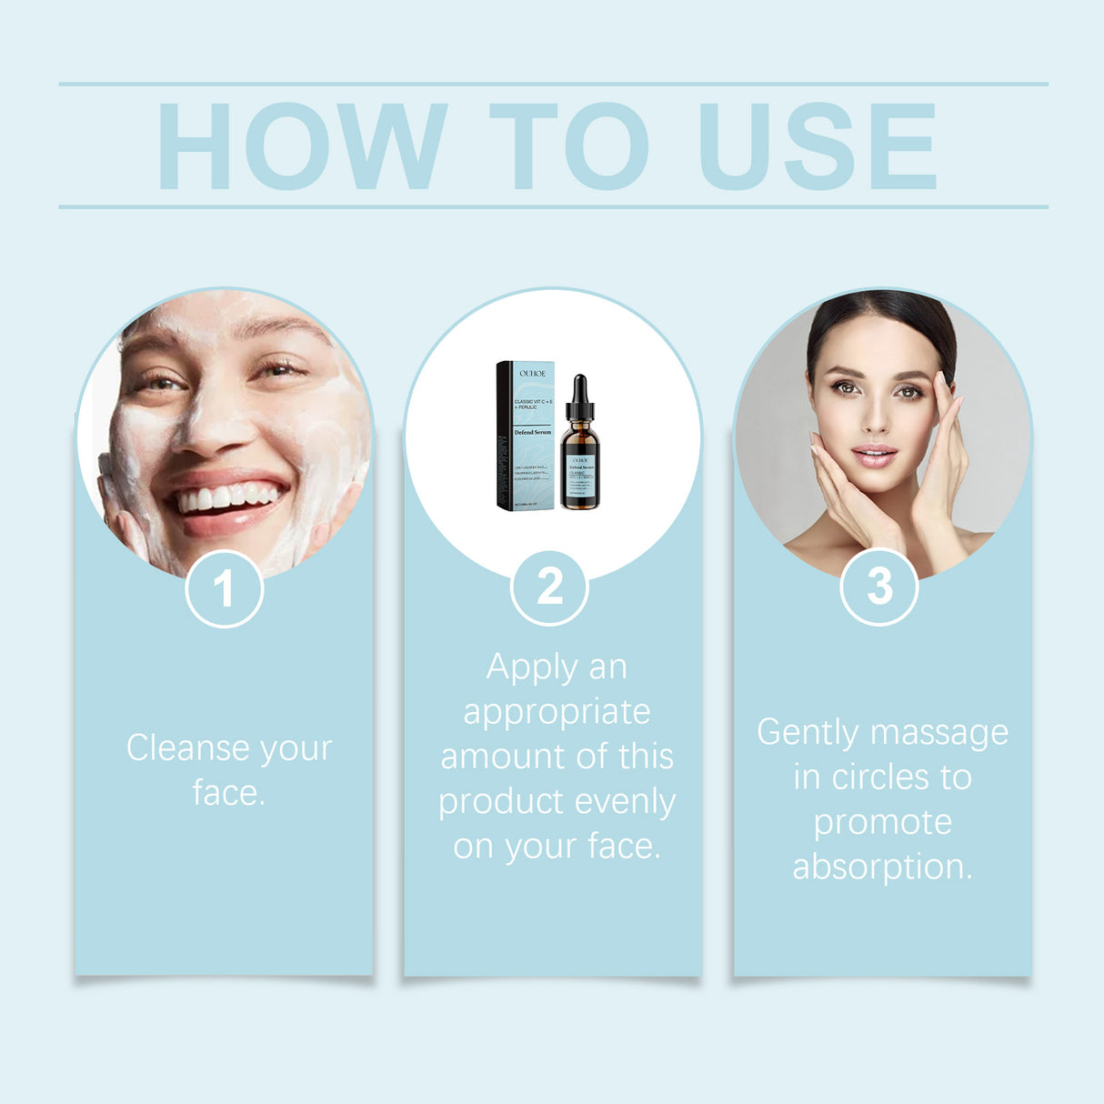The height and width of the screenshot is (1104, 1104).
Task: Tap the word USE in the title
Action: [817, 146]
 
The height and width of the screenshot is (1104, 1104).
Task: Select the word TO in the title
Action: [569, 146]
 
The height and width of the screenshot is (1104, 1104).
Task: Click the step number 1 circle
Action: [224, 588]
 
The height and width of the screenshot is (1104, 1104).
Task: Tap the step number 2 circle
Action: [550, 587]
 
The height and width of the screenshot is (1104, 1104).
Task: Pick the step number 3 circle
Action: [878, 587]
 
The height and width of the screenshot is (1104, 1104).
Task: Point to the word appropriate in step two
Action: [557, 712]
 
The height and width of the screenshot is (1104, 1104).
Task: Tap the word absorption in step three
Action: [882, 867]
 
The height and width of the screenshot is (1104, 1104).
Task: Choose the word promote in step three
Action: [882, 822]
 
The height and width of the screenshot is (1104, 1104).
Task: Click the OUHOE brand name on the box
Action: [533, 373]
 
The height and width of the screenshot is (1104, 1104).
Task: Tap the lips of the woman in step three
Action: [874, 454]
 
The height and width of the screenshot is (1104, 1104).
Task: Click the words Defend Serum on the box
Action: [533, 432]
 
